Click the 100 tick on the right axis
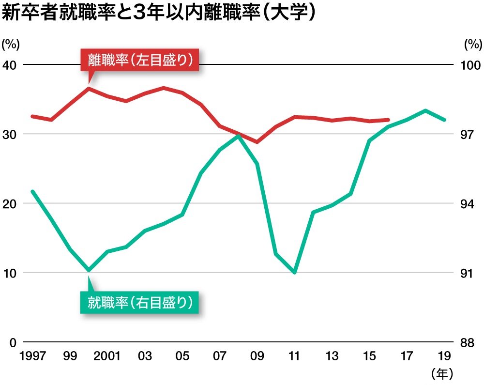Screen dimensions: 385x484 (x=470, y=65)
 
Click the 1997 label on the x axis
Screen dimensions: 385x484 (x=32, y=357)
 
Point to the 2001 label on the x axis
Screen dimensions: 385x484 (x=107, y=357)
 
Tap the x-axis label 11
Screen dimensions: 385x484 (x=294, y=357)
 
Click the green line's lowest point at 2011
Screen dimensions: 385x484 (x=294, y=273)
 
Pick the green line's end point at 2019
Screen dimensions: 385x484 (x=444, y=120)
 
